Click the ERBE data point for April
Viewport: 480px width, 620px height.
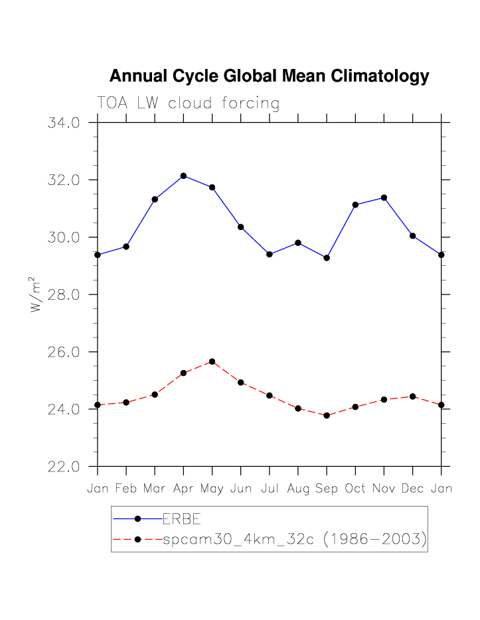coord(183,176)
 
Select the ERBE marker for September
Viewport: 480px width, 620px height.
coord(327,257)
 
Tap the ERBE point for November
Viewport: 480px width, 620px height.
coord(384,198)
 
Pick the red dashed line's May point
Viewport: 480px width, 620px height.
coord(212,361)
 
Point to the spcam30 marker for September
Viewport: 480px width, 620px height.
coord(327,415)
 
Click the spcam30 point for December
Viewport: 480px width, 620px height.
coord(413,397)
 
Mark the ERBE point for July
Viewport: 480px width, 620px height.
coord(270,254)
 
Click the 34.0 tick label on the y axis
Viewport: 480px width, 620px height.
coord(64,123)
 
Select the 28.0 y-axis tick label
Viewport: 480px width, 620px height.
coord(64,294)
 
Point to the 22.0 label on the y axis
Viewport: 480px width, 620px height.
coord(64,467)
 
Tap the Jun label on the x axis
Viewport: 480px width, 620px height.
coord(241,489)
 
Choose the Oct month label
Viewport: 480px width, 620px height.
coord(355,489)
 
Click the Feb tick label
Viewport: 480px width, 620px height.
coord(126,489)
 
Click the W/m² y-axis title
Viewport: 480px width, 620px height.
coord(37,294)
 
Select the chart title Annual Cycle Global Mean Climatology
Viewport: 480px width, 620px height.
coord(269,76)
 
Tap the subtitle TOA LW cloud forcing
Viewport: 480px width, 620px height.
coord(188,103)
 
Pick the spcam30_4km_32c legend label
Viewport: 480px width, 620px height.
coord(294,540)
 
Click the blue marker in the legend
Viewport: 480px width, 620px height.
coord(138,519)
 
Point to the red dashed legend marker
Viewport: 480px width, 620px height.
coord(138,540)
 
